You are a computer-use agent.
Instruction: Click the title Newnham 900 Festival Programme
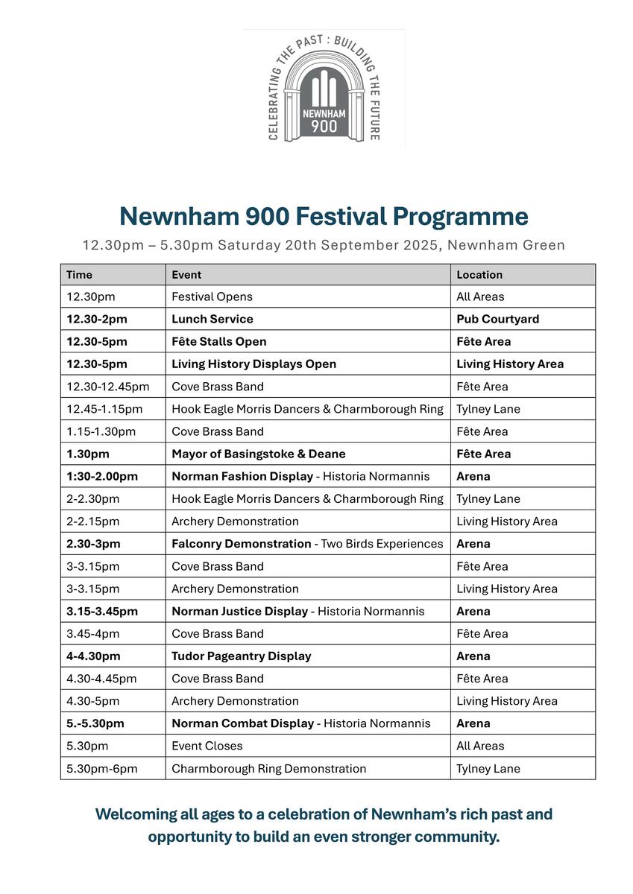pyautogui.click(x=324, y=217)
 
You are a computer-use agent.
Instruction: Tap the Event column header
pyautogui.click(x=186, y=275)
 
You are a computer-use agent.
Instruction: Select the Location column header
pyautogui.click(x=479, y=275)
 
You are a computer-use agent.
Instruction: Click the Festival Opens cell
pyautogui.click(x=212, y=297)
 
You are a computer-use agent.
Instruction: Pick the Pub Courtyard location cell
pyautogui.click(x=497, y=319)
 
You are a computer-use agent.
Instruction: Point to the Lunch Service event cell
pyautogui.click(x=212, y=319)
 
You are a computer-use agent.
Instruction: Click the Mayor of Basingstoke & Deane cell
pyautogui.click(x=259, y=454)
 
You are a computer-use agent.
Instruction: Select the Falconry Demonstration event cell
pyautogui.click(x=307, y=544)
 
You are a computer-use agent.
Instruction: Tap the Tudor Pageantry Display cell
pyautogui.click(x=242, y=656)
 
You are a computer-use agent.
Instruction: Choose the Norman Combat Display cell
pyautogui.click(x=300, y=723)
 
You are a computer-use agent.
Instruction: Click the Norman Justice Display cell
pyautogui.click(x=297, y=611)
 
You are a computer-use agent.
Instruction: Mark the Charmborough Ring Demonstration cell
pyautogui.click(x=268, y=768)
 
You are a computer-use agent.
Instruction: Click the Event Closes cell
pyautogui.click(x=207, y=746)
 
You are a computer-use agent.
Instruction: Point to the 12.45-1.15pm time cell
pyautogui.click(x=104, y=409)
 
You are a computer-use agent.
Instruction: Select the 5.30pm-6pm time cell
pyautogui.click(x=102, y=768)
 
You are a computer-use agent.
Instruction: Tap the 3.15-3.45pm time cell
pyautogui.click(x=102, y=611)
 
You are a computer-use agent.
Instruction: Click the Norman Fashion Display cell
pyautogui.click(x=300, y=476)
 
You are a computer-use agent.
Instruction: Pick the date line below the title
pyautogui.click(x=324, y=245)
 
